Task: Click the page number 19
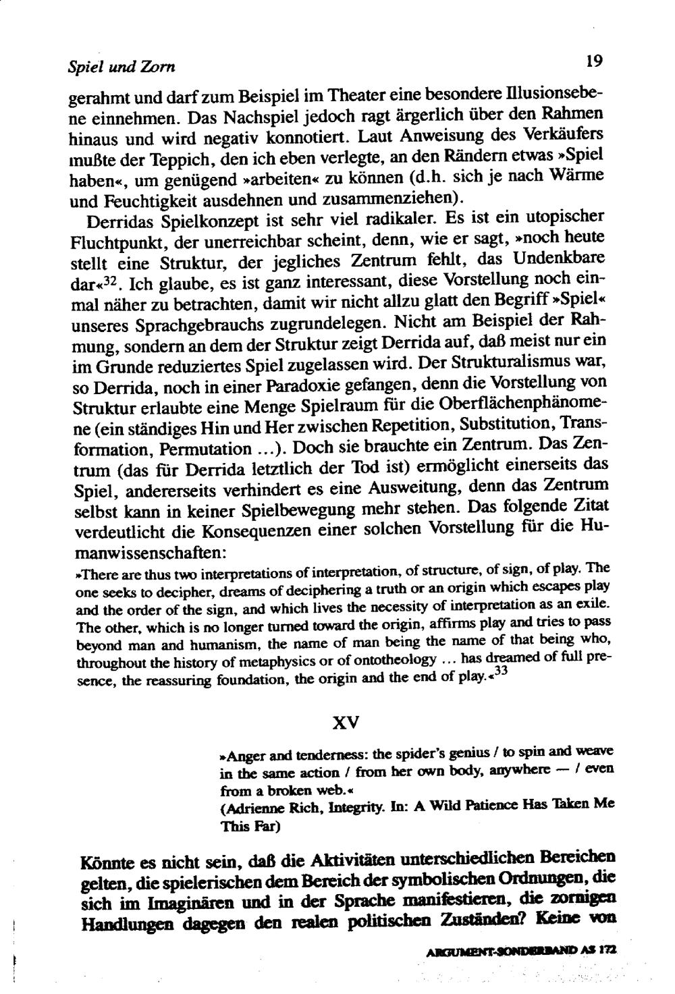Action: (593, 62)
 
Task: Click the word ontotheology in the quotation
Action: (387, 659)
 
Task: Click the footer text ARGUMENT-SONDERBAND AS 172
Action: (522, 947)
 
